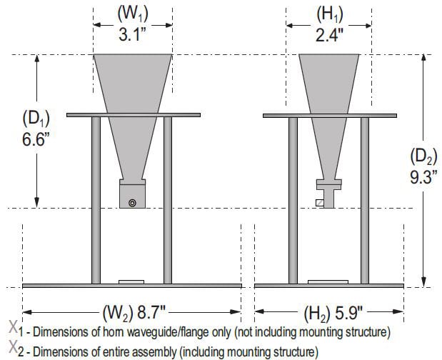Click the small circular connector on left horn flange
pyautogui.click(x=132, y=203)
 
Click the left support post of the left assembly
pyautogui.click(x=96, y=200)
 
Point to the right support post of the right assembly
pyautogui.click(x=364, y=200)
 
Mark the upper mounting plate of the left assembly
pyautogui.click(x=133, y=114)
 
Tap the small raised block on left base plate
pyautogui.click(x=132, y=281)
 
